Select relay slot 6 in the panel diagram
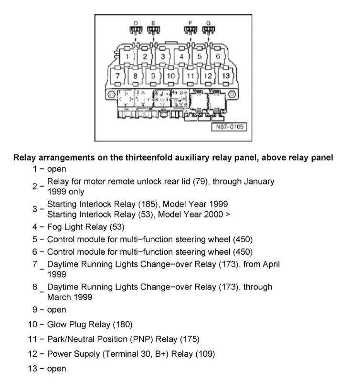pyautogui.click(x=218, y=57)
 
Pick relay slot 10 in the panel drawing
pyautogui.click(x=170, y=75)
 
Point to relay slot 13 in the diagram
pyautogui.click(x=226, y=75)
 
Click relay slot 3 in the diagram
pyautogui.click(x=162, y=57)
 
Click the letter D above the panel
pyautogui.click(x=135, y=23)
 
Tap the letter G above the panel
pyautogui.click(x=208, y=23)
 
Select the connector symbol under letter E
pyautogui.click(x=153, y=31)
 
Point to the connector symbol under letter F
pyautogui.click(x=191, y=31)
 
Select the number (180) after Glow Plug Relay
pyautogui.click(x=123, y=325)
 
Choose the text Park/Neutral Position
pyautogui.click(x=88, y=340)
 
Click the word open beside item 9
pyautogui.click(x=56, y=310)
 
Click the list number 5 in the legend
pyautogui.click(x=35, y=239)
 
